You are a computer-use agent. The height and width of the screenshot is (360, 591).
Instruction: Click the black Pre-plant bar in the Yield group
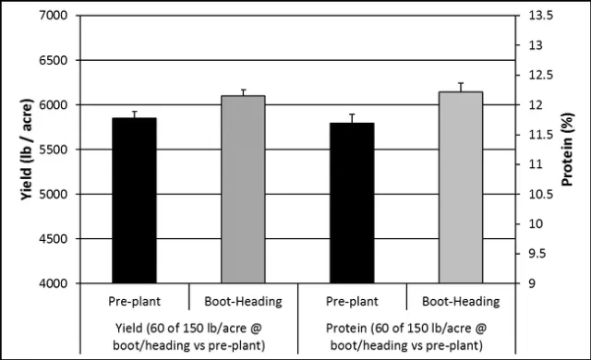click(x=134, y=201)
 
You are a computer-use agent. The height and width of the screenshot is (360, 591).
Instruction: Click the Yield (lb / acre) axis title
click(x=15, y=150)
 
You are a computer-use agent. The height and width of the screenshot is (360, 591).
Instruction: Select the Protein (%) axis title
click(x=575, y=150)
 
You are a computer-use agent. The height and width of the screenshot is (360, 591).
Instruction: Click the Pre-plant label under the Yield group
click(x=134, y=301)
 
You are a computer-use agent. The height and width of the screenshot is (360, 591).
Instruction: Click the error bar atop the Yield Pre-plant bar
click(x=134, y=114)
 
